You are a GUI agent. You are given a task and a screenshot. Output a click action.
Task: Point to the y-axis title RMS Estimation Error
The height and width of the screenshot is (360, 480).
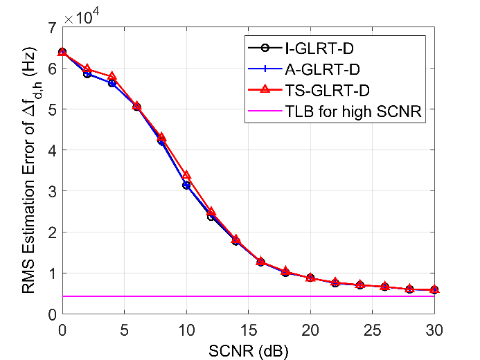pyautogui.click(x=28, y=171)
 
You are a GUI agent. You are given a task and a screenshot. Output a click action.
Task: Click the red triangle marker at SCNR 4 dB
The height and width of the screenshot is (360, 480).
pyautogui.click(x=112, y=76)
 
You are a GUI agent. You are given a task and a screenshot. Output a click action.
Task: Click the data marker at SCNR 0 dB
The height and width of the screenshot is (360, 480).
pyautogui.click(x=62, y=52)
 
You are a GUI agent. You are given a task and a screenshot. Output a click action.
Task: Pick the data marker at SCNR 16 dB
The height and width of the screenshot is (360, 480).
pyautogui.click(x=260, y=262)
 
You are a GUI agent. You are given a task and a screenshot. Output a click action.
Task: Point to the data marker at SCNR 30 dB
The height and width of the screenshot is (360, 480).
pyautogui.click(x=434, y=289)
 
